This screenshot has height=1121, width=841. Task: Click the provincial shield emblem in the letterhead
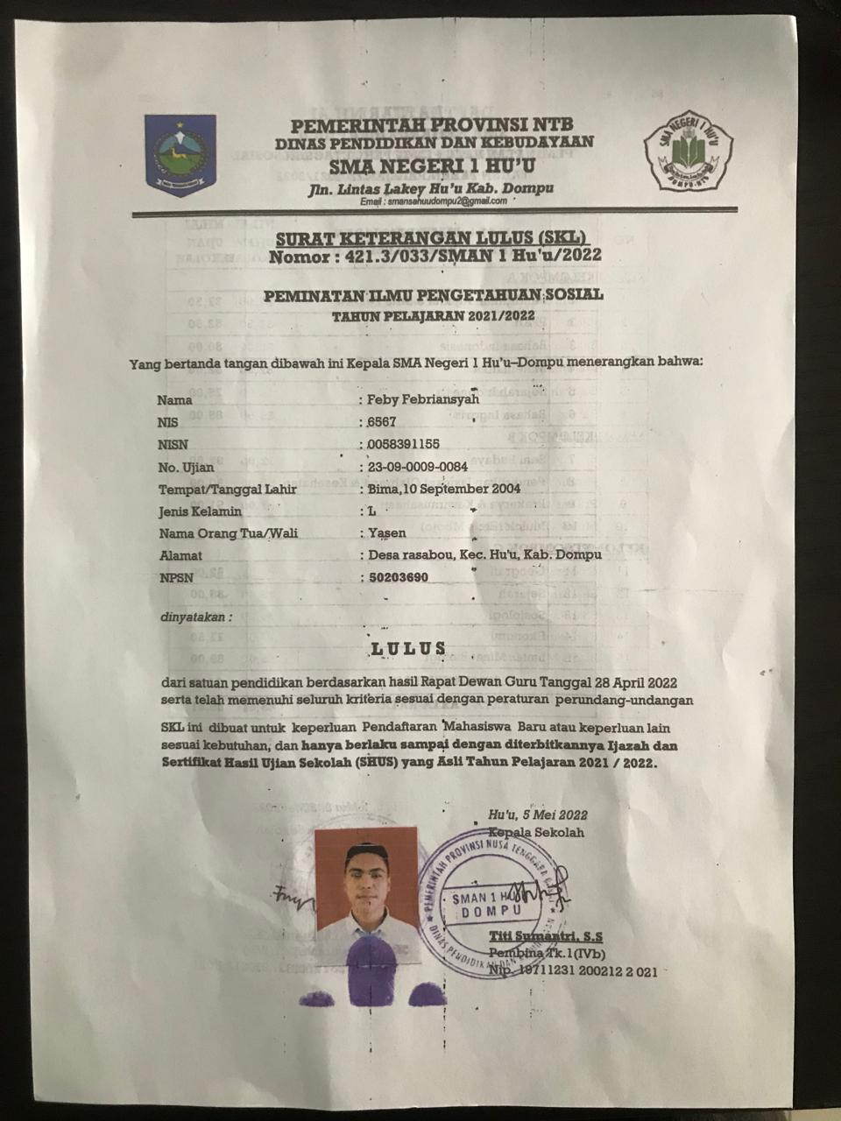click(x=180, y=155)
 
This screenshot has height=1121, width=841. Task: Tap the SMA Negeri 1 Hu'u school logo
click(x=689, y=154)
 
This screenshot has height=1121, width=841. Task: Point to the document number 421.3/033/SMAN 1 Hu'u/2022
click(x=466, y=257)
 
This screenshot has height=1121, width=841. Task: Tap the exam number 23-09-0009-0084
click(x=419, y=467)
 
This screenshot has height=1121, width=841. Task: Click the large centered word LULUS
click(x=408, y=649)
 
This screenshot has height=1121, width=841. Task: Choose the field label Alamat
click(x=180, y=555)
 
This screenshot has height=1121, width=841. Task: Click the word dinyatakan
click(x=194, y=617)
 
